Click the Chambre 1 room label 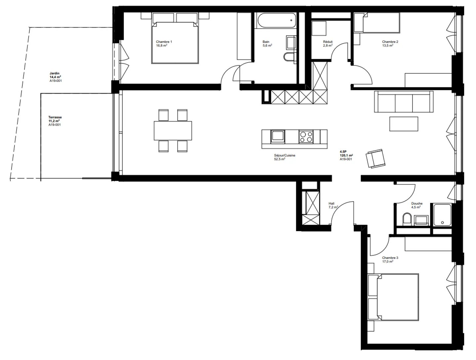click(164, 42)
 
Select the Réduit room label click(328, 42)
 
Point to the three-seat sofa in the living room click(404, 102)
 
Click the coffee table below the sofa click(404, 124)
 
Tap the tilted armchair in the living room click(376, 159)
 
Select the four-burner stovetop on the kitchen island click(306, 137)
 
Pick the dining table click(173, 131)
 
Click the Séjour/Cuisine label click(285, 155)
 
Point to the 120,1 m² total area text click(346, 155)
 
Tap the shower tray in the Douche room click(442, 215)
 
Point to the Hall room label click(332, 204)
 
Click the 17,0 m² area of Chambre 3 click(387, 262)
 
